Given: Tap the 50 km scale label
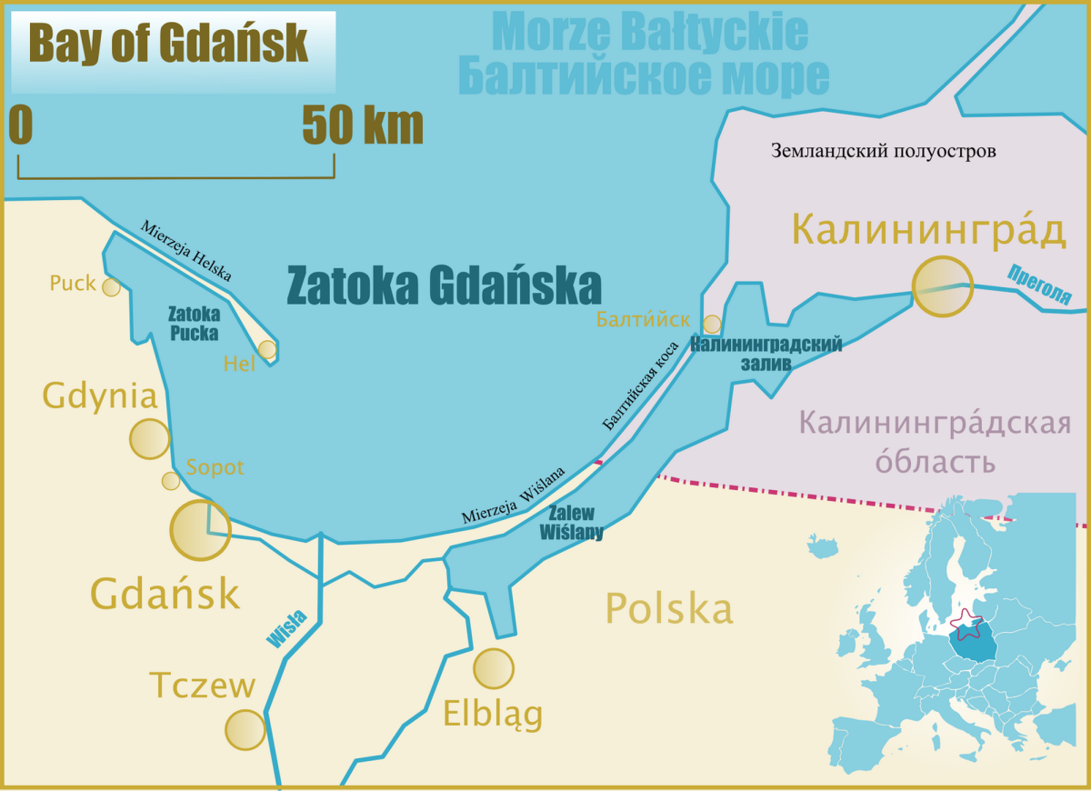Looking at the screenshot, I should [x=363, y=126].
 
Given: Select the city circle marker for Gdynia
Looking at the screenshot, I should [x=149, y=439].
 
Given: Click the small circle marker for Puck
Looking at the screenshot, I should [x=111, y=287].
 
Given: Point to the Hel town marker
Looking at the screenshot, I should [x=266, y=349].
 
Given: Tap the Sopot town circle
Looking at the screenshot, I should [x=170, y=481].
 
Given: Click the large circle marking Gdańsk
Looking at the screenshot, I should [x=201, y=530].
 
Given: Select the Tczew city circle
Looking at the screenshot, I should [x=245, y=729].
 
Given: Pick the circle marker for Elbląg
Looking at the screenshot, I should [x=494, y=669].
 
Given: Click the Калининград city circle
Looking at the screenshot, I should [x=942, y=286].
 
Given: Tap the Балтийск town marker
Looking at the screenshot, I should [x=712, y=325].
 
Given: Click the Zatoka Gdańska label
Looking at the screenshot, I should [x=444, y=286].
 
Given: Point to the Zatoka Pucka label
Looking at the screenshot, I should [x=194, y=323].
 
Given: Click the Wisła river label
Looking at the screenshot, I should [x=287, y=629].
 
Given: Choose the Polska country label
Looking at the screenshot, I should [x=669, y=608].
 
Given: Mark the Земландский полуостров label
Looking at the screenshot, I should [x=883, y=151].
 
